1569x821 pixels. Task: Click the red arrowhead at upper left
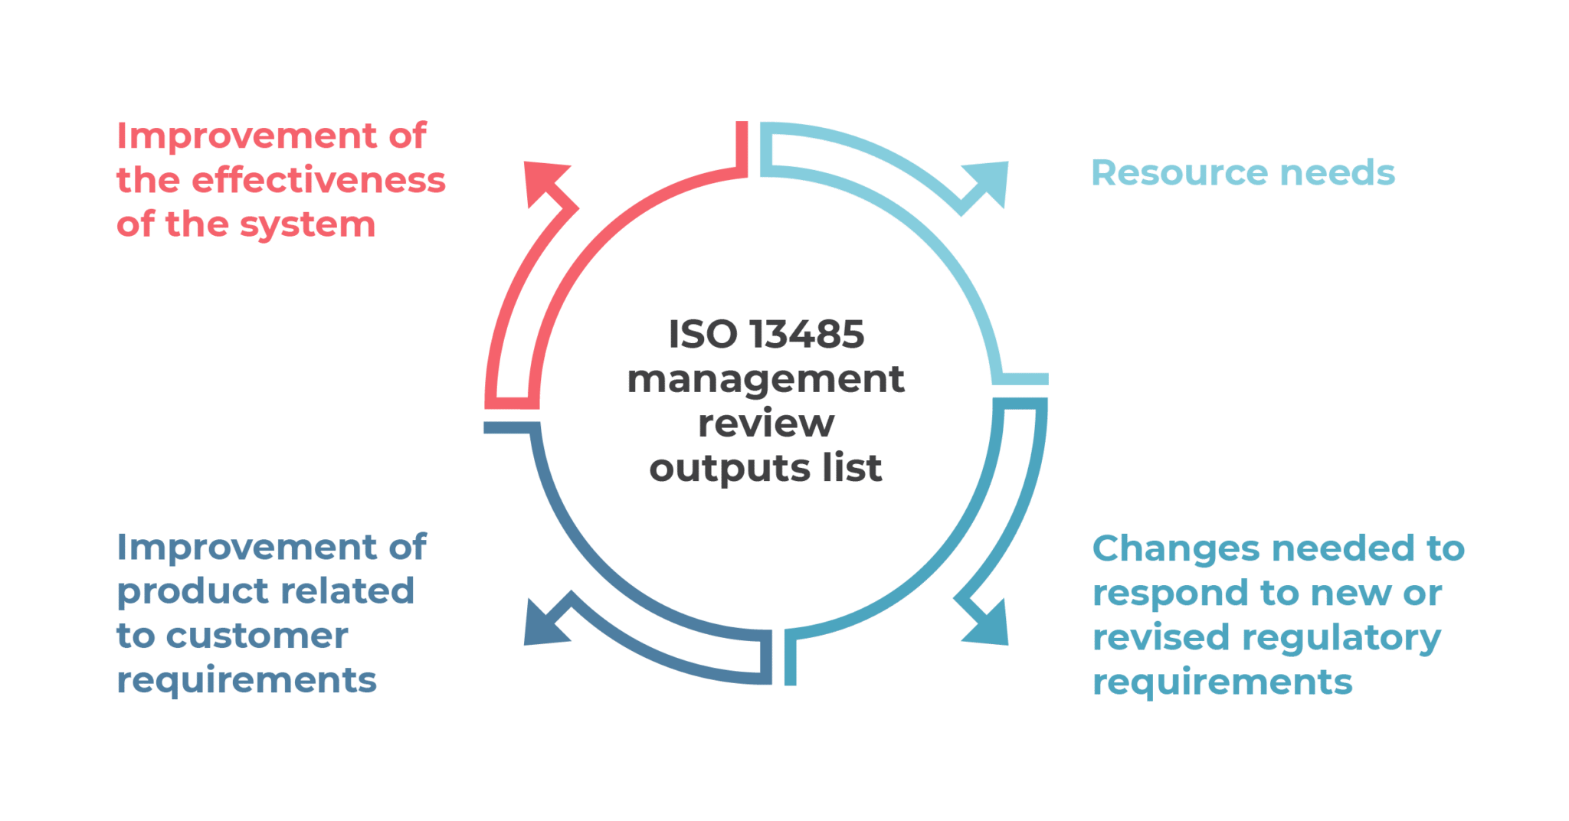coord(545,181)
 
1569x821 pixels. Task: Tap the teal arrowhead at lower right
coord(989,624)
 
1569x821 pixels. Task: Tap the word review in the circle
coord(765,424)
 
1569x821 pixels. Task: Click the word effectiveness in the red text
coord(318,181)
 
